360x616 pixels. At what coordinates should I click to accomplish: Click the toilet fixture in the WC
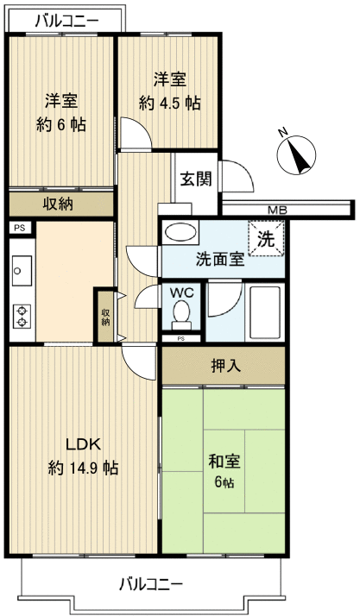point(180,319)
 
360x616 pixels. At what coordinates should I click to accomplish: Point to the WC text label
point(180,293)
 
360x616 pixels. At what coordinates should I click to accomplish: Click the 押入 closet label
point(226,366)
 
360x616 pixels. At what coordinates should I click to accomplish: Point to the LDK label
point(84,445)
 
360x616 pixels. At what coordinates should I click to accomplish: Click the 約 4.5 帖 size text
point(170,103)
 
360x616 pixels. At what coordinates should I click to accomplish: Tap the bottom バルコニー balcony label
point(150,584)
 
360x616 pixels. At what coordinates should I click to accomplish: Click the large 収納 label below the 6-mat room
point(58,204)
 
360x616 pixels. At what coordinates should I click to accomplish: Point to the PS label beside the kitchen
point(18,228)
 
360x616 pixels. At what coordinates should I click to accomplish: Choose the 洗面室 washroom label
point(218,260)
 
